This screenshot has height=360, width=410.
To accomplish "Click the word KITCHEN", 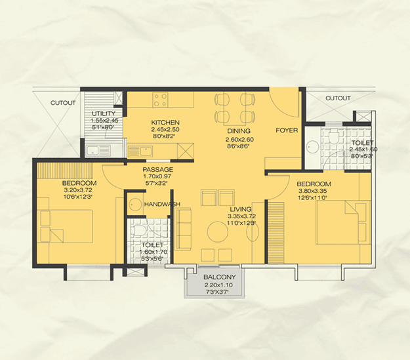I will click(165, 123).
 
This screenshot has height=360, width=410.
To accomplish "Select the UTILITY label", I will click(104, 113).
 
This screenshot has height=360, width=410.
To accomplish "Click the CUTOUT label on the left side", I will click(63, 103).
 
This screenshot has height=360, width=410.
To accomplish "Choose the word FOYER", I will click(287, 130).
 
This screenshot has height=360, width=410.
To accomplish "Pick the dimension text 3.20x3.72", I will click(79, 189).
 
